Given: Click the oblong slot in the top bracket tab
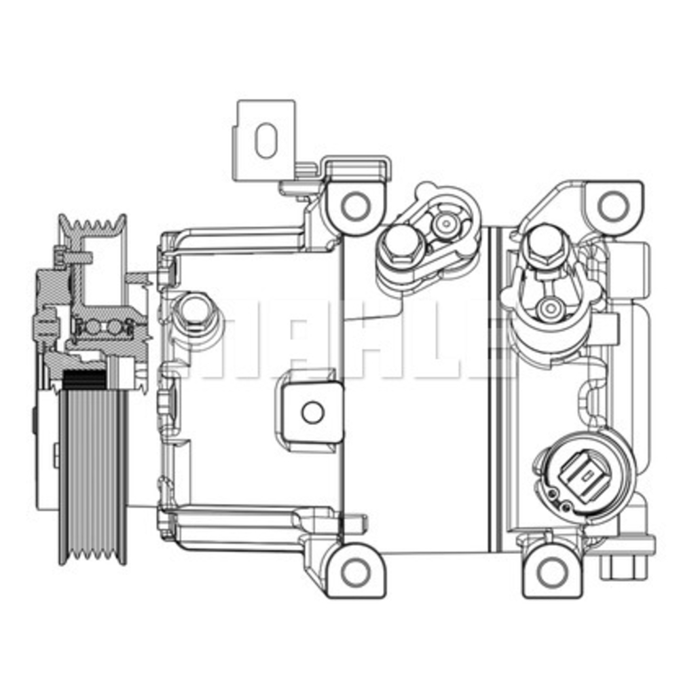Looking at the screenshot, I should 265,141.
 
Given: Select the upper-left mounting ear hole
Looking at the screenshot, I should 354,205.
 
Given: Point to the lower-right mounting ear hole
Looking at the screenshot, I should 551,572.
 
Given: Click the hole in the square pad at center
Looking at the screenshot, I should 312,411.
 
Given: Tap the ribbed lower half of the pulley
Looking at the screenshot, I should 92,475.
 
